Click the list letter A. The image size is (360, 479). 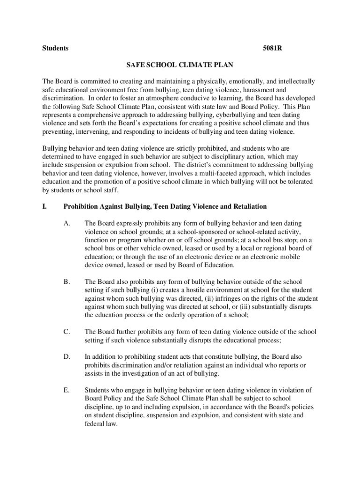(x=67, y=223)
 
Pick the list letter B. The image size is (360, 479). (x=67, y=282)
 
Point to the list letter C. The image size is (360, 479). (x=67, y=332)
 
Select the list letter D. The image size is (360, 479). (x=67, y=357)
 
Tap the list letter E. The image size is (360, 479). (x=67, y=390)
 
